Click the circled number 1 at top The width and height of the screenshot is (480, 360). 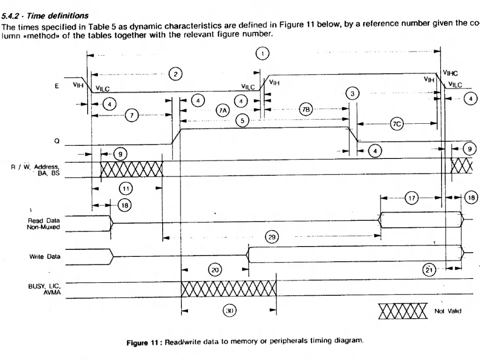262,54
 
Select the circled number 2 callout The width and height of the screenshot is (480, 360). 175,74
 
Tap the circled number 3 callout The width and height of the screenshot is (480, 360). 352,93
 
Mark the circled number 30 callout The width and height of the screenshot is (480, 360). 229,311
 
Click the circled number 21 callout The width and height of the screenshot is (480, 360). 428,270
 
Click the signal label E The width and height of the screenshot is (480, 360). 57,86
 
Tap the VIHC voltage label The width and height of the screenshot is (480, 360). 450,73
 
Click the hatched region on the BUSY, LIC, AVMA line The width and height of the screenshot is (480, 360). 229,289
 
